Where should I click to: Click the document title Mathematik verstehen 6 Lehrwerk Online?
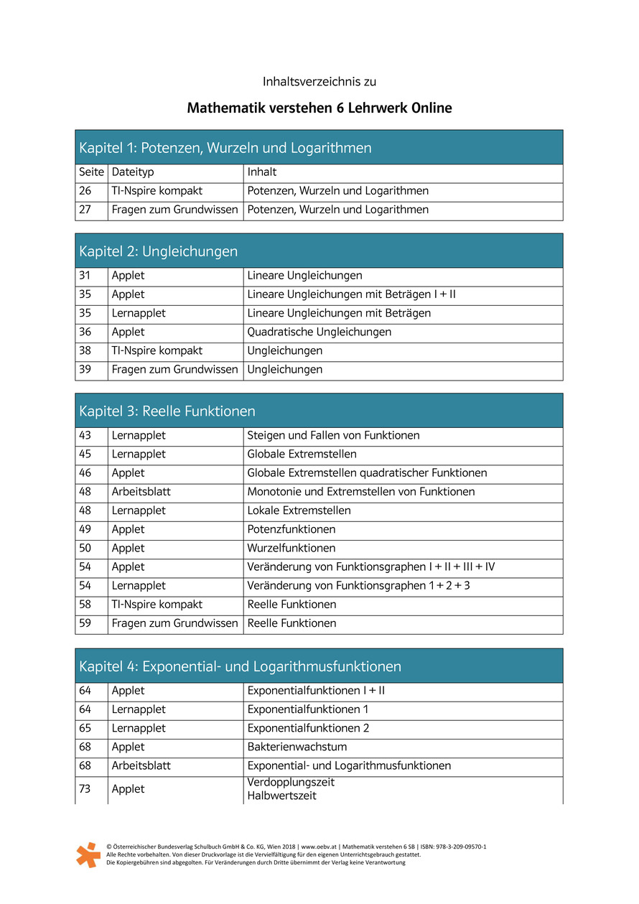click(x=319, y=108)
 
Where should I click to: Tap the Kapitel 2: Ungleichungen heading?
click(x=159, y=251)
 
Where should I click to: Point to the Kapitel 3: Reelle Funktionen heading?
click(x=167, y=411)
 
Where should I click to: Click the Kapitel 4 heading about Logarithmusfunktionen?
click(x=240, y=666)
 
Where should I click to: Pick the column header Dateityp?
click(x=133, y=172)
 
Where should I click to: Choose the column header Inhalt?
click(x=262, y=172)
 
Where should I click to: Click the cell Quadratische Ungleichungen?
click(x=319, y=332)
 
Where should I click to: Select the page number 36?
click(x=85, y=332)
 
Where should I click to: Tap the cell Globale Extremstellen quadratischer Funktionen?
click(x=367, y=473)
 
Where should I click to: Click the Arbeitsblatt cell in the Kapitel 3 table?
click(x=141, y=492)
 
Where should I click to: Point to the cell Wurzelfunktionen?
click(x=291, y=548)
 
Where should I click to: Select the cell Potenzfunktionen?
click(x=291, y=529)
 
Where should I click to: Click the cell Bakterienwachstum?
click(x=297, y=747)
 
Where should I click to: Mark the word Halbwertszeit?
click(x=281, y=796)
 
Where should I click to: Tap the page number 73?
click(x=85, y=789)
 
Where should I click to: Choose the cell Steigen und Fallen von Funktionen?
click(x=333, y=435)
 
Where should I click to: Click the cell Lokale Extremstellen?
click(x=299, y=511)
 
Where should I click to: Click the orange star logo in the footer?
click(x=88, y=854)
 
